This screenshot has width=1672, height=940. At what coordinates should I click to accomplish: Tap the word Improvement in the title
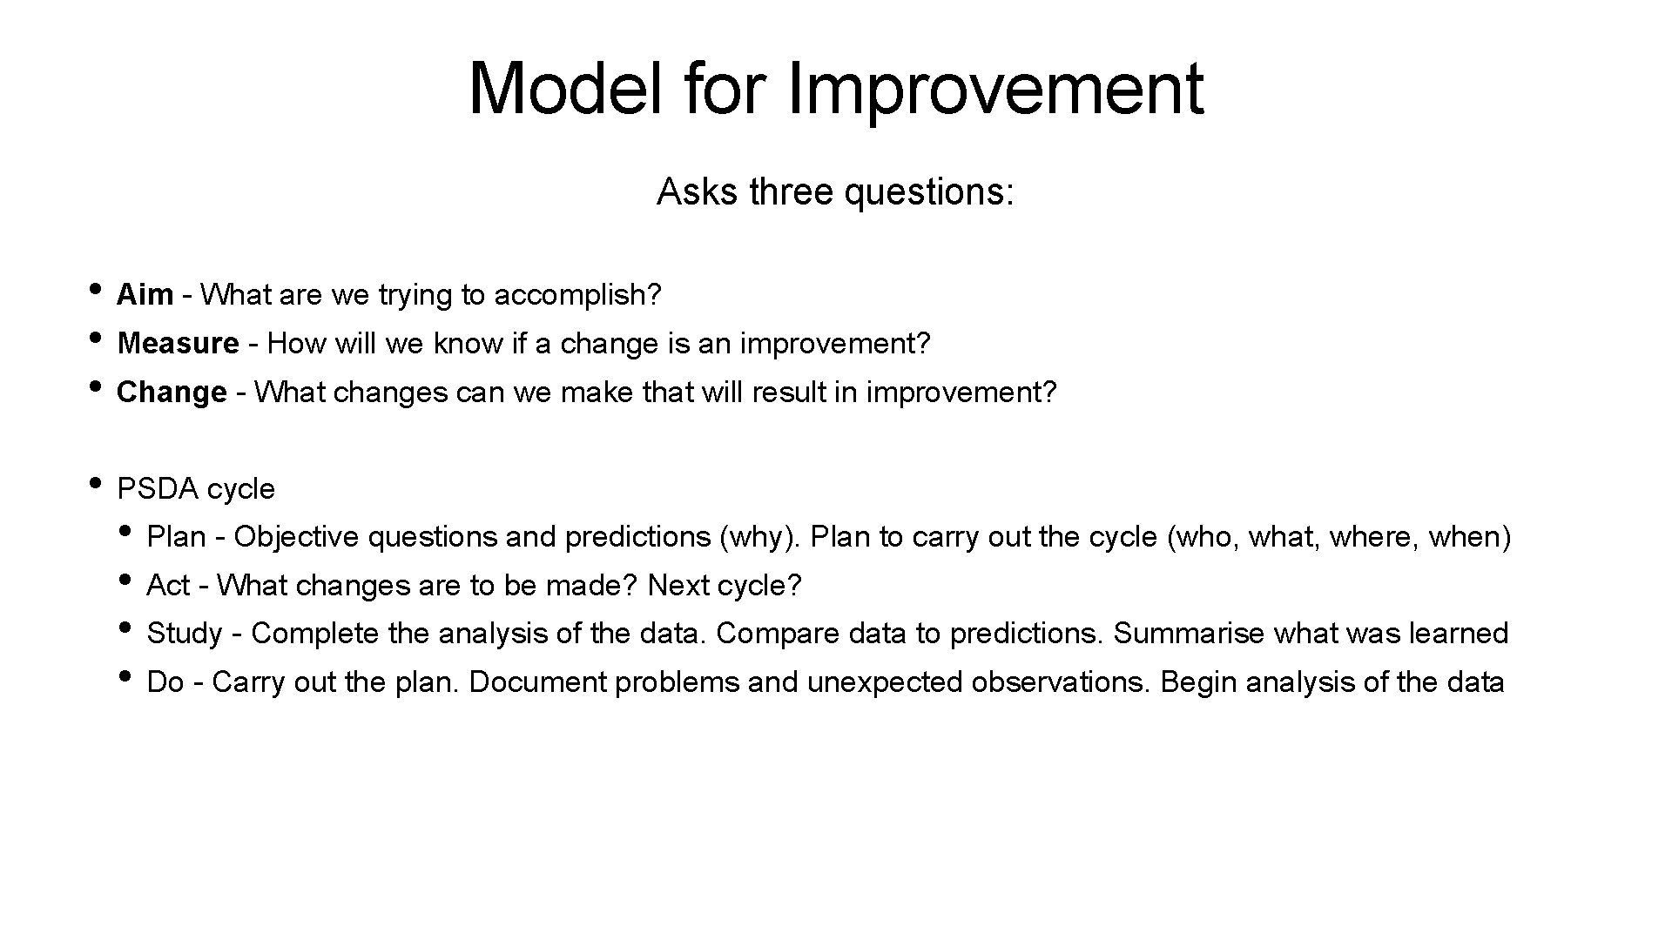(x=994, y=89)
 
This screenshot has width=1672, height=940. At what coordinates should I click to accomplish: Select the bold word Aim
(x=145, y=295)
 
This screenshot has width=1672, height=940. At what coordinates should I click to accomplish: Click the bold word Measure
(x=178, y=344)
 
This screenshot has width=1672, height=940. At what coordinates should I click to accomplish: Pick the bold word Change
(x=172, y=393)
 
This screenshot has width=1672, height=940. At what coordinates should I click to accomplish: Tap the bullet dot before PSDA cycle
(x=97, y=482)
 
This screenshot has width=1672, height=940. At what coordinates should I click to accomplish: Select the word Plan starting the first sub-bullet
(x=175, y=537)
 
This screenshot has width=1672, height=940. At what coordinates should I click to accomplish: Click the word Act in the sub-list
(x=167, y=586)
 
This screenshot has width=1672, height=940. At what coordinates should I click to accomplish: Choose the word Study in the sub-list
(x=185, y=634)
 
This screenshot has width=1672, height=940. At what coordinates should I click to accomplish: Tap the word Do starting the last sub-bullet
(x=165, y=682)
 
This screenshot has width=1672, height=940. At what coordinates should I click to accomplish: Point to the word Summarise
(x=1188, y=634)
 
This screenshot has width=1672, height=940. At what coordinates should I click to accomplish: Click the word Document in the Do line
(x=536, y=682)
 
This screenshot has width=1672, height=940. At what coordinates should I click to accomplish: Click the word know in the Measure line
(x=468, y=344)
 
